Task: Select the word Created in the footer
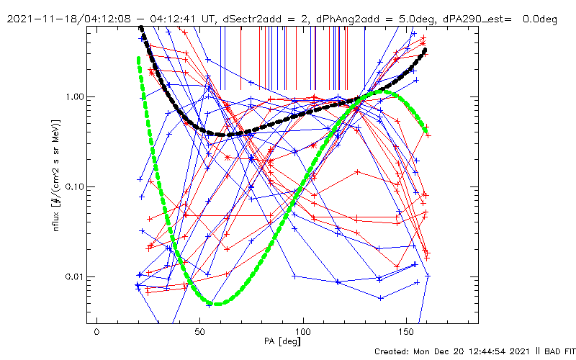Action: (x=393, y=351)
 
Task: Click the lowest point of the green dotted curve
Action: (x=217, y=303)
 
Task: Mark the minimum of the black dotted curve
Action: (x=225, y=135)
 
